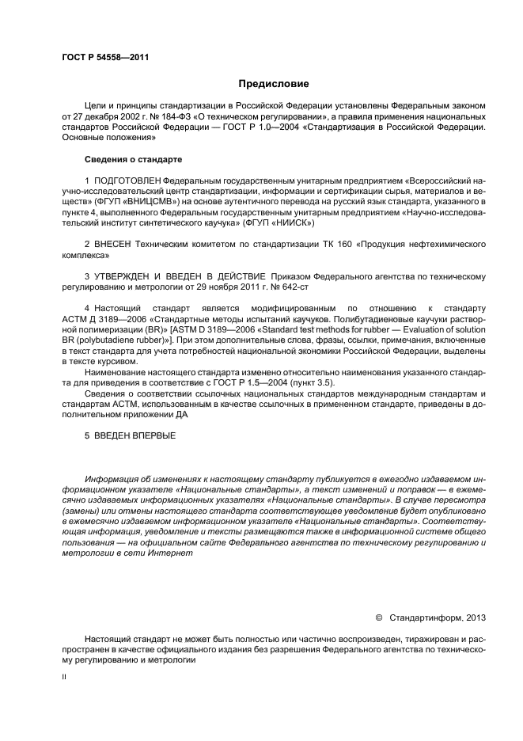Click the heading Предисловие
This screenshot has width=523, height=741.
click(273, 83)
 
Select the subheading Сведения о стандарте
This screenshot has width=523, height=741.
click(133, 159)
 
